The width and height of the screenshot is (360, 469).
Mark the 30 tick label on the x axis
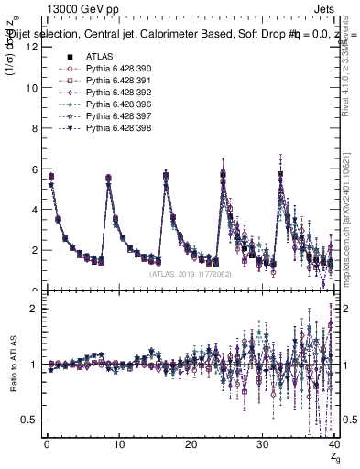pyautogui.click(x=262, y=444)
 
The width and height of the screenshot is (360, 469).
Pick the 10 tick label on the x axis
pyautogui.click(x=119, y=444)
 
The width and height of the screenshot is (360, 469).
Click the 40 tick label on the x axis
pyautogui.click(x=333, y=444)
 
